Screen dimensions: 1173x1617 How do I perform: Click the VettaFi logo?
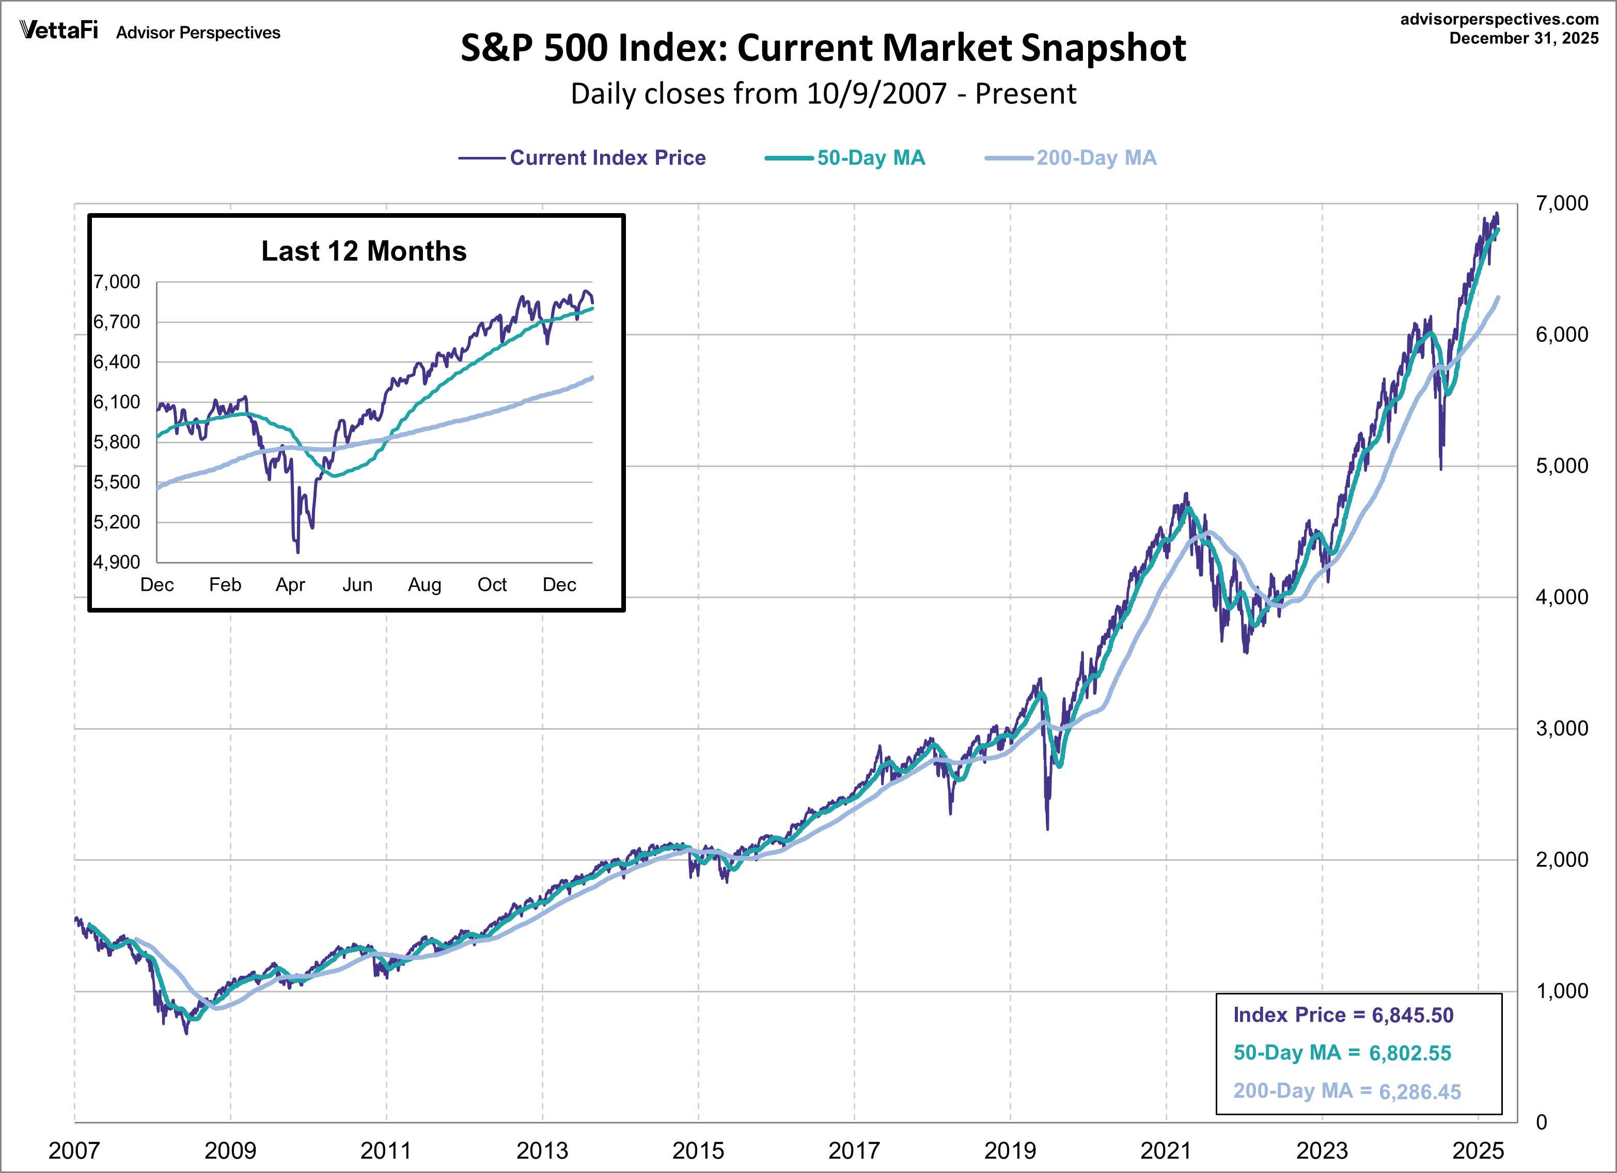click(58, 30)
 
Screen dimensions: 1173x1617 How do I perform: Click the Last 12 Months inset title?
click(364, 251)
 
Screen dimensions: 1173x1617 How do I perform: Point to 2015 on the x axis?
click(698, 1150)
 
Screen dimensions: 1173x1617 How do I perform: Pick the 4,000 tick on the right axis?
click(1561, 597)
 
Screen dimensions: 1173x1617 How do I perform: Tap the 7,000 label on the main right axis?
click(1561, 204)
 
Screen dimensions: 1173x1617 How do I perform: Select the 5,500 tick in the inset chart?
click(117, 483)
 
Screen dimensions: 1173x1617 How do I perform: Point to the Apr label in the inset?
click(290, 585)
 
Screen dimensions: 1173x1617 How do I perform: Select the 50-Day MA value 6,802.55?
click(1409, 1053)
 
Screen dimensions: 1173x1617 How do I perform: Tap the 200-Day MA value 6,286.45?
click(1420, 1092)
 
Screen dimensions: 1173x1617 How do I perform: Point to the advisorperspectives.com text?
click(1499, 19)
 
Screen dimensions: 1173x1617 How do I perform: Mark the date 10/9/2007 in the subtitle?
click(877, 94)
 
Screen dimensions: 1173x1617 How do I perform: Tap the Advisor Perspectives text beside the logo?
click(198, 33)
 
